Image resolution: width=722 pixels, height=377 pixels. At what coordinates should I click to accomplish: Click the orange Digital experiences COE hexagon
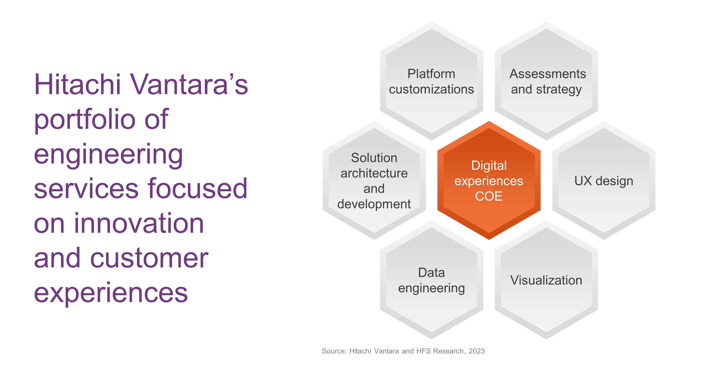(489, 180)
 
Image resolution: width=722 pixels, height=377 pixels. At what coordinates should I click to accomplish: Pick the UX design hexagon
(604, 180)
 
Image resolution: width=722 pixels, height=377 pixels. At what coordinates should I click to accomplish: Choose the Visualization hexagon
(546, 280)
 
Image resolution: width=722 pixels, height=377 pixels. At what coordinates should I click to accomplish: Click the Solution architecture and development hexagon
(374, 180)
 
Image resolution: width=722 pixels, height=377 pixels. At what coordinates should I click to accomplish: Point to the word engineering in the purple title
(108, 155)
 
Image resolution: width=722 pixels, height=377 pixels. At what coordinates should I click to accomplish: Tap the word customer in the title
(149, 258)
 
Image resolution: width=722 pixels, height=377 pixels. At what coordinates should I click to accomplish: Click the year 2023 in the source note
(477, 351)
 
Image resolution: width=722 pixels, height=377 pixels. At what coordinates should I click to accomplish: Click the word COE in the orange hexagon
(489, 196)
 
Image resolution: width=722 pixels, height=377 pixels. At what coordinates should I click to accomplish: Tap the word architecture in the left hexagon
(374, 173)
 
